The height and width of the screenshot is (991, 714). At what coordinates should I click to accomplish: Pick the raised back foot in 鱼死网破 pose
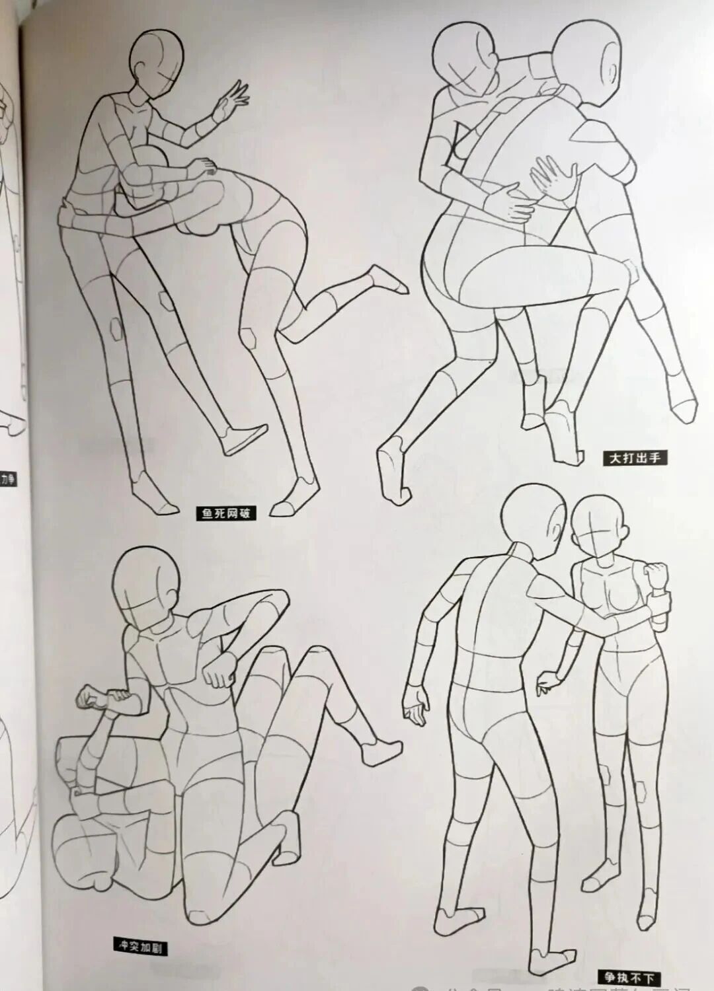tap(387, 277)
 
